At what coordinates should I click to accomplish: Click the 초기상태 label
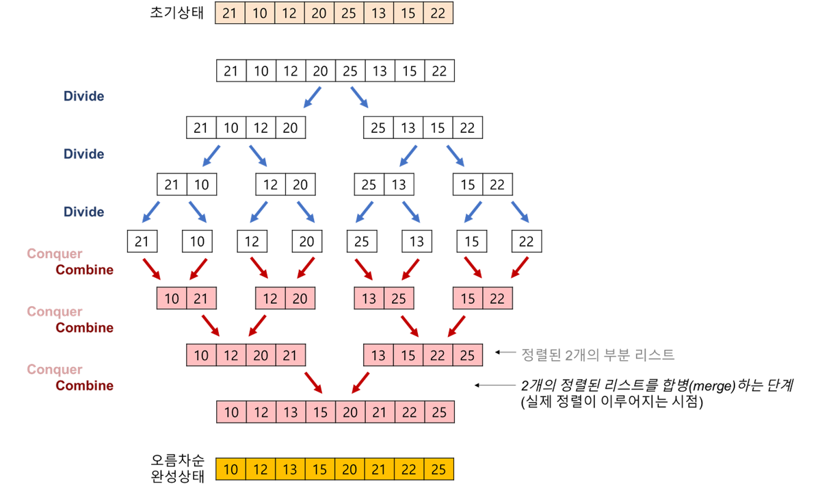tap(176, 12)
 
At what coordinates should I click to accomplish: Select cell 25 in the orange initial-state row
tap(349, 13)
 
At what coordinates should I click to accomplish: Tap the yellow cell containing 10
tap(230, 469)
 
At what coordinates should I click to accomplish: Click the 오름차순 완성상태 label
tap(177, 468)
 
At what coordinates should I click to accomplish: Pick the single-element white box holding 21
tap(142, 241)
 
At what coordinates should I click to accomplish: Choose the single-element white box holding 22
tap(527, 241)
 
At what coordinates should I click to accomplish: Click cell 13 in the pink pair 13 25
tap(369, 299)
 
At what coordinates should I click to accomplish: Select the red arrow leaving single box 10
tap(198, 268)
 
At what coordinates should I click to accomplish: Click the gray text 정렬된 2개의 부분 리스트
tap(598, 355)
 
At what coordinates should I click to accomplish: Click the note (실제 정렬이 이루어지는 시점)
tap(612, 402)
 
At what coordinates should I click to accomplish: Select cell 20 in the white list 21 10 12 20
tap(291, 127)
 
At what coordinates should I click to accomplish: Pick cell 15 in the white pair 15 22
tap(467, 184)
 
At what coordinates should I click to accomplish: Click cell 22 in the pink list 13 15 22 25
tap(438, 355)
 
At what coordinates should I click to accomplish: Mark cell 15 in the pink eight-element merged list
tap(320, 412)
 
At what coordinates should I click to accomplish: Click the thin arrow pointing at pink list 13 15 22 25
tap(505, 353)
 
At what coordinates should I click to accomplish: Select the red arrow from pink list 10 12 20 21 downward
tap(313, 383)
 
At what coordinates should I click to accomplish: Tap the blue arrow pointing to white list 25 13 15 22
tap(360, 98)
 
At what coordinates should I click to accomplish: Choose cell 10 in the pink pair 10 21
tap(172, 299)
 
